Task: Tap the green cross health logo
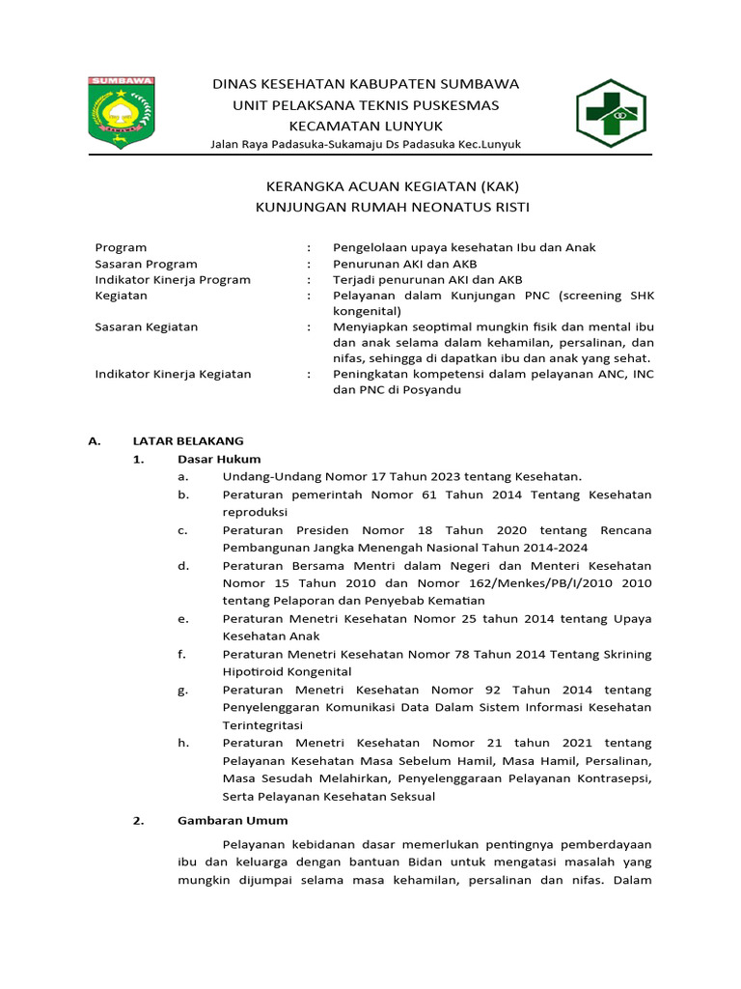615,113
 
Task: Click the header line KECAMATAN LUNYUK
366,126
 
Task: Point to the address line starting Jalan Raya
366,144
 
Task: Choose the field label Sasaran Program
146,264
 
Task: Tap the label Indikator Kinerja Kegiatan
173,374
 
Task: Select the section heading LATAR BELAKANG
188,440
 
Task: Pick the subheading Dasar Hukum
219,459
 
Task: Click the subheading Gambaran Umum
233,821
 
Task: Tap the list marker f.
181,654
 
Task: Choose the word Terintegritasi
262,724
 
